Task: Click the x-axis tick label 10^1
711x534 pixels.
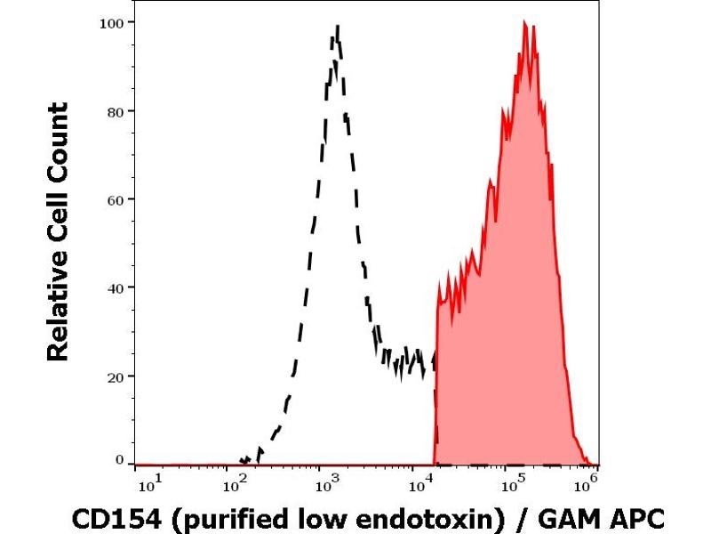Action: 151,484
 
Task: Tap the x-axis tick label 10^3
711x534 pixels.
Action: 326,484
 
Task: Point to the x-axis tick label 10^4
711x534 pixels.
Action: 418,484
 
